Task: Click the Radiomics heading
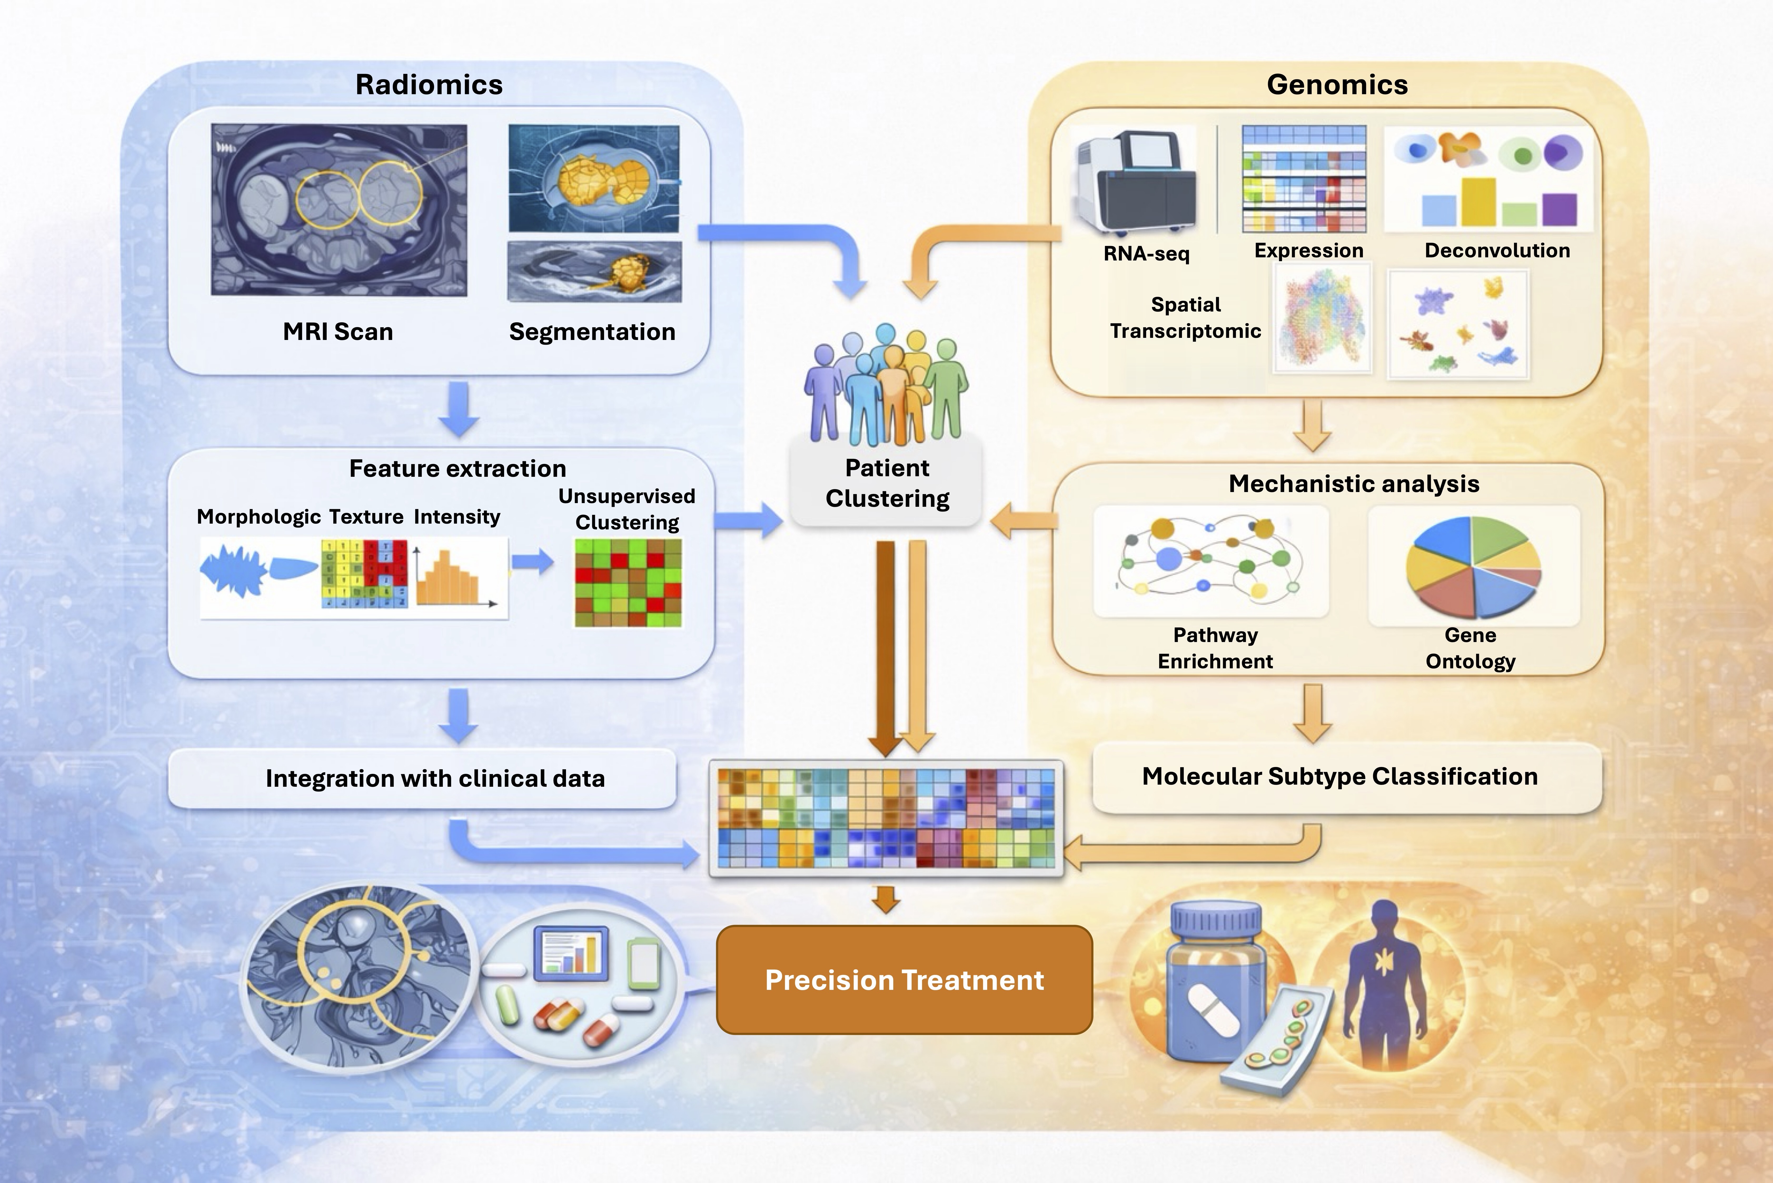click(x=429, y=84)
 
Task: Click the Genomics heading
click(x=1337, y=84)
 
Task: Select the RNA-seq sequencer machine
click(x=1136, y=181)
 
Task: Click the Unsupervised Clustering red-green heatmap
click(x=628, y=583)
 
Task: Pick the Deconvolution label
click(x=1497, y=250)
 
